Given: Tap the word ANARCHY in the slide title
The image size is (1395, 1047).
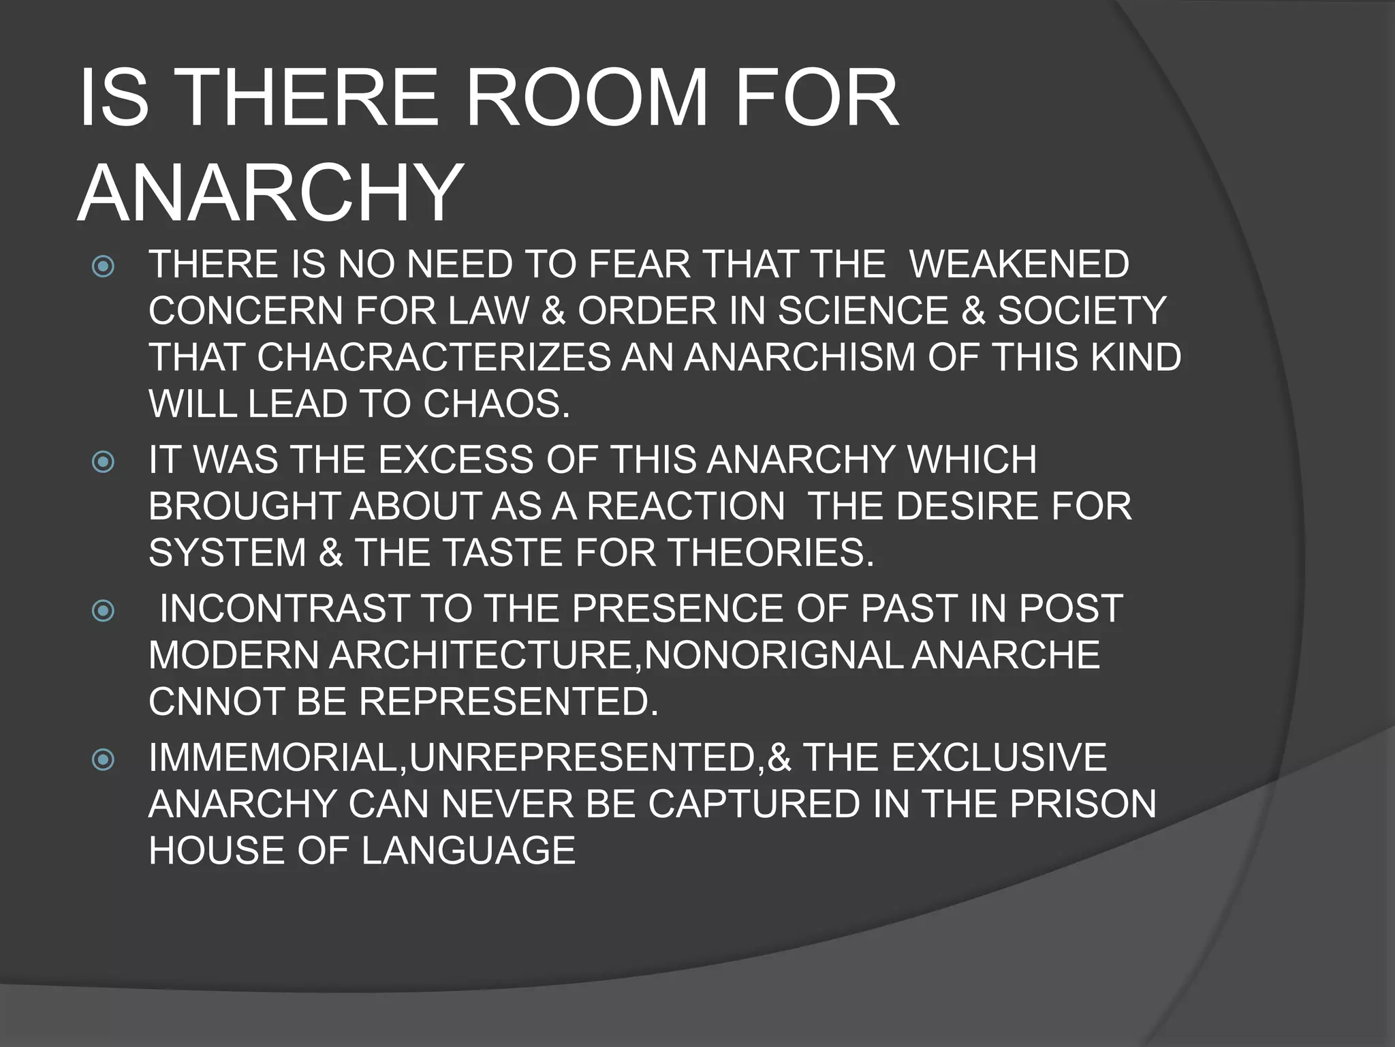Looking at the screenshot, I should (271, 194).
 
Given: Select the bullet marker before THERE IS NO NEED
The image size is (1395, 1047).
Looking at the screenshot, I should (103, 266).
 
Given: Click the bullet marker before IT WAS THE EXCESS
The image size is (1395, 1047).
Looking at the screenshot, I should (103, 462).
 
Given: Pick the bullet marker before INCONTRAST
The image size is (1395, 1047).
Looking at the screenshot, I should (103, 610).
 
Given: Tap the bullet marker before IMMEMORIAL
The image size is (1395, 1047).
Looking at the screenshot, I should (103, 759).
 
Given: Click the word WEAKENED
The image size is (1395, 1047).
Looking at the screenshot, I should (1019, 264).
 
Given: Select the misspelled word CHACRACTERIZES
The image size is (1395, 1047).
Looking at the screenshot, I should (433, 357).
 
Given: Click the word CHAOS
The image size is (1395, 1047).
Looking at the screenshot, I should (496, 404).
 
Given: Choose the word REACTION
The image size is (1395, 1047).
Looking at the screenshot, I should (685, 506).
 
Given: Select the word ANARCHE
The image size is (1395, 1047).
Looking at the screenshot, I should (1005, 655).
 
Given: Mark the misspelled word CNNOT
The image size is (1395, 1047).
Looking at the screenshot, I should (216, 701).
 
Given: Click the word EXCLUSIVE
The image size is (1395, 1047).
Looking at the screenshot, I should (999, 757).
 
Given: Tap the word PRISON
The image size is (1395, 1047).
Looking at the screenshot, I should (1083, 804).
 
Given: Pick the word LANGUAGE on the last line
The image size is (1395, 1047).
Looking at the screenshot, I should (469, 851).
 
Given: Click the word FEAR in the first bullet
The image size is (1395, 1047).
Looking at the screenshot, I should (640, 264).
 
